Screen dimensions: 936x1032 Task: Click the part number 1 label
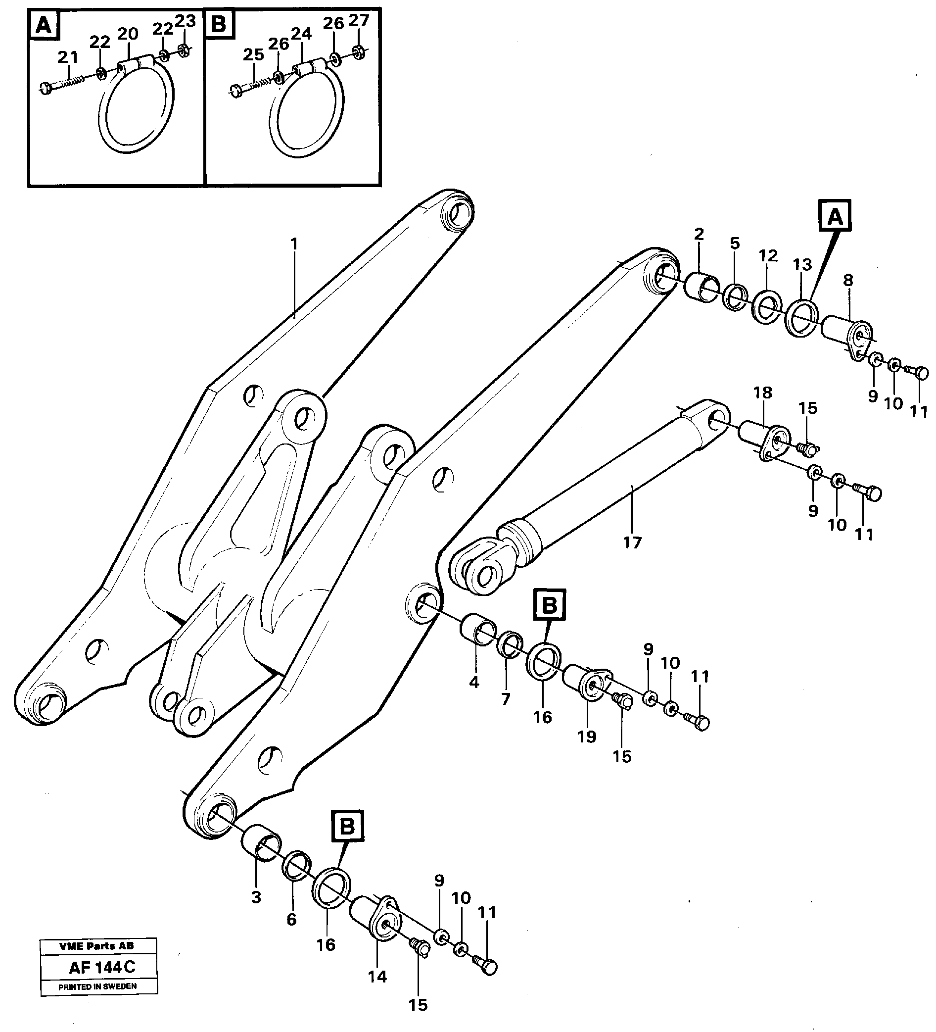pos(294,244)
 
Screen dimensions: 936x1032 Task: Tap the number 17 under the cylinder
pos(632,542)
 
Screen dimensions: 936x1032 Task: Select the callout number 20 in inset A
pos(128,34)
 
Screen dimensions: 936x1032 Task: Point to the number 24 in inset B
pos(301,34)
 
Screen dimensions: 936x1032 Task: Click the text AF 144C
pos(102,968)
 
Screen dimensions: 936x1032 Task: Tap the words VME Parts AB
pos(96,946)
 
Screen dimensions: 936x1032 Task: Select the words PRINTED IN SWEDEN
pos(97,986)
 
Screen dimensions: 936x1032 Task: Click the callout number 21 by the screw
pos(68,57)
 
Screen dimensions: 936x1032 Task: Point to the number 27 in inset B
pos(359,20)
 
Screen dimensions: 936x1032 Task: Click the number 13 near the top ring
pos(802,265)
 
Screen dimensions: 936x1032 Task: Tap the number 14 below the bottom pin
pos(377,977)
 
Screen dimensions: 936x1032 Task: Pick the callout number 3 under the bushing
pos(256,897)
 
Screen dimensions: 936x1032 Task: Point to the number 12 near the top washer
pos(768,255)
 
